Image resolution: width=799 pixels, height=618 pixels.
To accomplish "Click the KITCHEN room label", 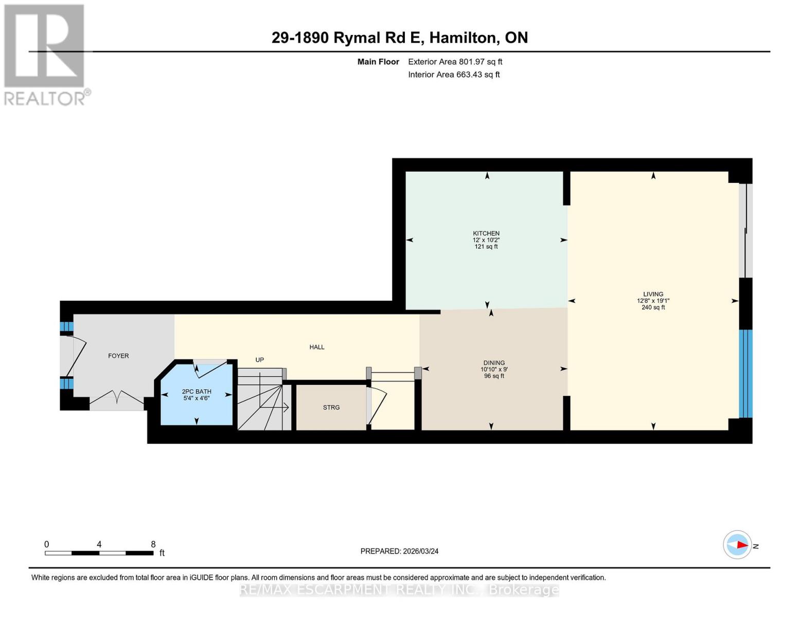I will pyautogui.click(x=486, y=233).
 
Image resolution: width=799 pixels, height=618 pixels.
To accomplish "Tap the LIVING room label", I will pyautogui.click(x=653, y=294).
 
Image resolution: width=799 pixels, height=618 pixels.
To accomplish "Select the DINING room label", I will pyautogui.click(x=494, y=363).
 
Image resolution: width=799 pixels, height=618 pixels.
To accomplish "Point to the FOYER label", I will pyautogui.click(x=118, y=356).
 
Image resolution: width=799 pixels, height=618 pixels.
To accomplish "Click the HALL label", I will pyautogui.click(x=317, y=347).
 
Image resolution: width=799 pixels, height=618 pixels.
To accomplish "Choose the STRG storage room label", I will pyautogui.click(x=331, y=407).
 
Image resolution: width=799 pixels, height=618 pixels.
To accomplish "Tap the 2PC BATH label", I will pyautogui.click(x=197, y=391).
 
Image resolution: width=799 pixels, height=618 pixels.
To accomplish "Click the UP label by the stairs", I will pyautogui.click(x=260, y=360).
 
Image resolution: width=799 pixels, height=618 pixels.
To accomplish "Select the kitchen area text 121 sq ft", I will pyautogui.click(x=486, y=247).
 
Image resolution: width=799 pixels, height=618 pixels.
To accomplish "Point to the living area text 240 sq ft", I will pyautogui.click(x=653, y=307).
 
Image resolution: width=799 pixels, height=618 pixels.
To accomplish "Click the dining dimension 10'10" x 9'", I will pyautogui.click(x=494, y=369).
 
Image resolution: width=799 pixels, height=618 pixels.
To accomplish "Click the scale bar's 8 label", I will pyautogui.click(x=153, y=544).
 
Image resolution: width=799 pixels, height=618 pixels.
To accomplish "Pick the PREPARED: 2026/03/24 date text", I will pyautogui.click(x=399, y=551).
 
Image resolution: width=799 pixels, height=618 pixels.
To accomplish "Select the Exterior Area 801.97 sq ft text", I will pyautogui.click(x=455, y=62).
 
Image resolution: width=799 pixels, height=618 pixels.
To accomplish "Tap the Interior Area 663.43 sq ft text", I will pyautogui.click(x=454, y=75).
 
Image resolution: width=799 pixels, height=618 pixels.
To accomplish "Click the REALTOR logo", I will pyautogui.click(x=45, y=55).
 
